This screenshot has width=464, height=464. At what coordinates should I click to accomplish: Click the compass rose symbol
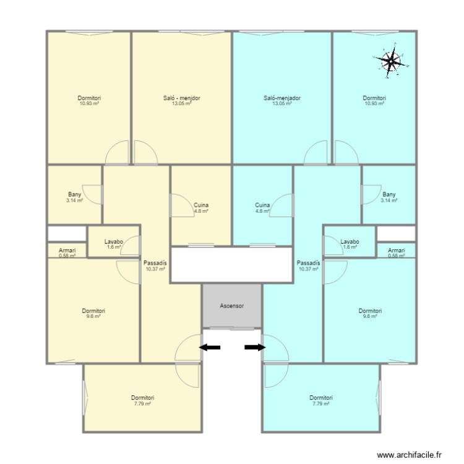point(390,61)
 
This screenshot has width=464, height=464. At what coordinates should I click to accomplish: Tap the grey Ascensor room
point(232,306)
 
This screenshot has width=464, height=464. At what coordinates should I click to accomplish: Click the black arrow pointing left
point(210,348)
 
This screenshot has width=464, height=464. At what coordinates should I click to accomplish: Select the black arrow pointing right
point(255,348)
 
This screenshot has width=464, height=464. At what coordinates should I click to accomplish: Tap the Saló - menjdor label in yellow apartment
point(182,98)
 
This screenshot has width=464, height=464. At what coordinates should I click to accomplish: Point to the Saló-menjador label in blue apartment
point(282,98)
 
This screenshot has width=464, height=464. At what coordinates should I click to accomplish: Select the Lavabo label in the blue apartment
point(350,242)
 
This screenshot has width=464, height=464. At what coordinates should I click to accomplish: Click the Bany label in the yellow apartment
point(75,194)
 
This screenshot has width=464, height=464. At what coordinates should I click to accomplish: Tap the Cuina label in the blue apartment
point(262,205)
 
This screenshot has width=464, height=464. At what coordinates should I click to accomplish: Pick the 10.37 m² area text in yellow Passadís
point(155,269)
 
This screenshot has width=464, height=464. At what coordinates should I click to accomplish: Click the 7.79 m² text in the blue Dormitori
point(321,403)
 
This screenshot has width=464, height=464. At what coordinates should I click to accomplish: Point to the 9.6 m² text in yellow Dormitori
point(93,316)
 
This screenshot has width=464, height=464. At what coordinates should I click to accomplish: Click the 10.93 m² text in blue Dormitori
point(375,103)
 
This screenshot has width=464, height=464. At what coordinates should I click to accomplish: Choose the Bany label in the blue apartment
point(389,194)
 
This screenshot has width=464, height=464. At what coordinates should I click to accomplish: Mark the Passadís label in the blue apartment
point(308,263)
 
